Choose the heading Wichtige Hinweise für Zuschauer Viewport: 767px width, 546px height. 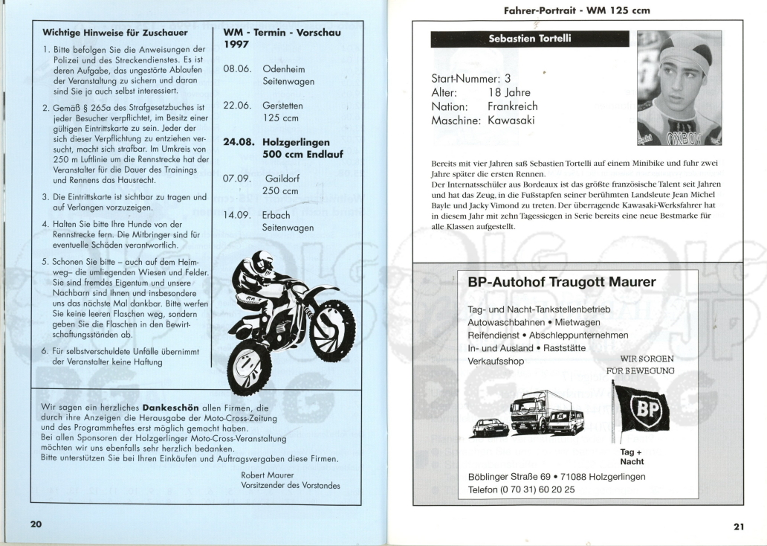coord(115,33)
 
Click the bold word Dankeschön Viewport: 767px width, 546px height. coord(172,408)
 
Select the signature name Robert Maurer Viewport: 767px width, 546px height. coord(268,475)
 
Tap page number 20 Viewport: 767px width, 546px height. coord(36,524)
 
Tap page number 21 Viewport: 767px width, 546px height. coord(738,527)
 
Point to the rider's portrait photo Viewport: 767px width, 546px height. coord(679,88)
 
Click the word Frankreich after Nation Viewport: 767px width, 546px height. coord(513,106)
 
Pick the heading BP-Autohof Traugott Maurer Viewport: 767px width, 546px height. coord(561,283)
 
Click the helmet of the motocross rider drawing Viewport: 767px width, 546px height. coord(262,262)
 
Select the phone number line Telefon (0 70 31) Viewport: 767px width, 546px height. coord(521,490)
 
